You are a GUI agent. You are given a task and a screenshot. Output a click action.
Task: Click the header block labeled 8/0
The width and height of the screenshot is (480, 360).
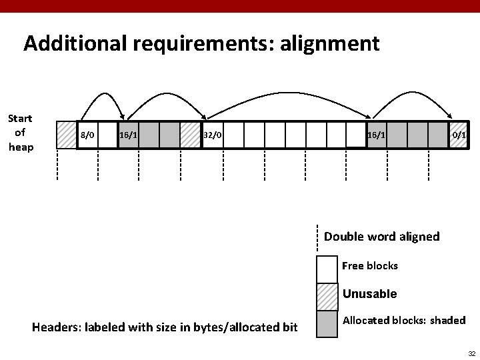[x=88, y=135]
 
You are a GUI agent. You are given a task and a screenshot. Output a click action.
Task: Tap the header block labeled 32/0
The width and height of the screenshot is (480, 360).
[x=213, y=135]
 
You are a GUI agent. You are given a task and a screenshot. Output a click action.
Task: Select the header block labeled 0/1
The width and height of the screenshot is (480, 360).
[x=459, y=135]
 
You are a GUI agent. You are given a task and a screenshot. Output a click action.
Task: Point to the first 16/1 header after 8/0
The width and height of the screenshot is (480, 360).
[x=129, y=135]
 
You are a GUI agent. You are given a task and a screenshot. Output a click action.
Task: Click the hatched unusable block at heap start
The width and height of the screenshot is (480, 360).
[x=67, y=135]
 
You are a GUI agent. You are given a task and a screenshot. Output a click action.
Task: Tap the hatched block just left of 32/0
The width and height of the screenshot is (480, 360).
[x=191, y=135]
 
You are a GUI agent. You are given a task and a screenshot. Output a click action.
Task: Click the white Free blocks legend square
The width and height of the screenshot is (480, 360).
[x=327, y=269]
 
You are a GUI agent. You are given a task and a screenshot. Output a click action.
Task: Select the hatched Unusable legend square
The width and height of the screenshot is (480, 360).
[x=327, y=296]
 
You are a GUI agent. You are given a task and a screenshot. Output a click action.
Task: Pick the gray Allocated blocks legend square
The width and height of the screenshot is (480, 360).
[x=327, y=323]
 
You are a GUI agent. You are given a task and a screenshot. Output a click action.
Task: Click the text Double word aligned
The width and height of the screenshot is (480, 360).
[x=381, y=237]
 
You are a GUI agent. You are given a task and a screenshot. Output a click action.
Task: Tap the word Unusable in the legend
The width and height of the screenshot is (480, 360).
[x=369, y=294]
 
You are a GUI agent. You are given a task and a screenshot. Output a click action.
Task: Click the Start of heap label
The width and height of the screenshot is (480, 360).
[x=20, y=133]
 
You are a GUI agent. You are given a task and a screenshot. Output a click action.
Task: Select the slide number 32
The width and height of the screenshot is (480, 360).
[x=470, y=353]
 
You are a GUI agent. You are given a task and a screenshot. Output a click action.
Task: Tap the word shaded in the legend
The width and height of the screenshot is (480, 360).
[x=448, y=321]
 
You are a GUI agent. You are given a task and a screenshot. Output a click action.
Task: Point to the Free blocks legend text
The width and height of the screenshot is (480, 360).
[x=369, y=266]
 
